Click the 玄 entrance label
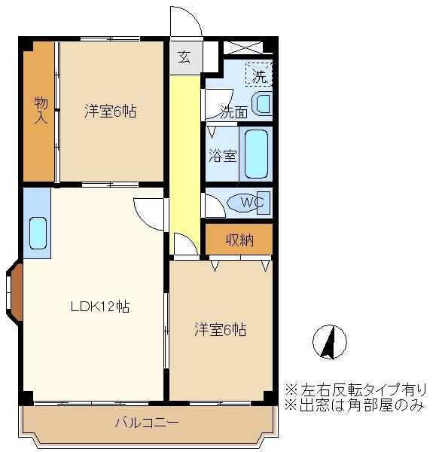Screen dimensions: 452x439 coord(184,55)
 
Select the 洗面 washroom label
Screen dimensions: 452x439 coord(233,111)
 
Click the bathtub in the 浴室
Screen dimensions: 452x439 coord(257,154)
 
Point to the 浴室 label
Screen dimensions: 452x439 coord(223,157)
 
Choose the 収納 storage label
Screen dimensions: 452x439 coord(239,240)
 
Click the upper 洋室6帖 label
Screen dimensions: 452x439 coord(110,111)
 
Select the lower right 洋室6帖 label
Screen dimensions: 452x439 coord(221,329)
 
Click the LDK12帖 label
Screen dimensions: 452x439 coord(100,307)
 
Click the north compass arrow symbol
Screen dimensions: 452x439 coord(328,343)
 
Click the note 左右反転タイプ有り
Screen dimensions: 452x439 coord(355,390)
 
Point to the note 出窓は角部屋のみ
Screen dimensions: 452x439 coord(355,405)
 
